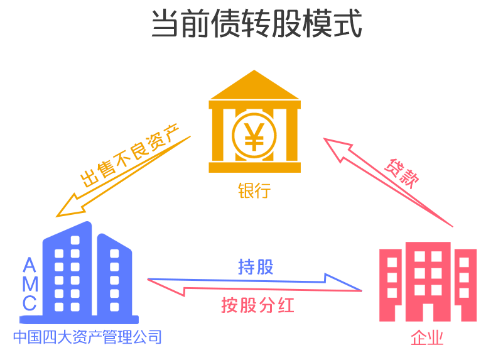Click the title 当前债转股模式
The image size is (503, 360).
point(257,23)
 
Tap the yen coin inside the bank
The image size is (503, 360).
point(254,136)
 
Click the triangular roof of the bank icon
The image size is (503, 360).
point(254,85)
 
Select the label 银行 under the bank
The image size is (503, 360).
point(254,190)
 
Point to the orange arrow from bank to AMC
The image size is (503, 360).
point(124,176)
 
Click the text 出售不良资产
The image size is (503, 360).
point(129,155)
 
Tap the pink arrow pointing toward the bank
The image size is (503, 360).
point(388,182)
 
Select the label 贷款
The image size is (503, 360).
point(402,173)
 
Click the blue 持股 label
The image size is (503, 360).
point(256,267)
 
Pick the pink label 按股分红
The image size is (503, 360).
point(257,305)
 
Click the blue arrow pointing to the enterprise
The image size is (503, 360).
point(255,281)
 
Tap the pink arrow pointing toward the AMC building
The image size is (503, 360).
point(255,287)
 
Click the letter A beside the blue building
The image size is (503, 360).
point(30,265)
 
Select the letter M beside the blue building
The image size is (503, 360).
point(30,284)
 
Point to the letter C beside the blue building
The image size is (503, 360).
point(30,303)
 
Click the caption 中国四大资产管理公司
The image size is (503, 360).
point(87,337)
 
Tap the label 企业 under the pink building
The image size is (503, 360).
point(427,337)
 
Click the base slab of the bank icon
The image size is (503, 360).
point(255,168)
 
